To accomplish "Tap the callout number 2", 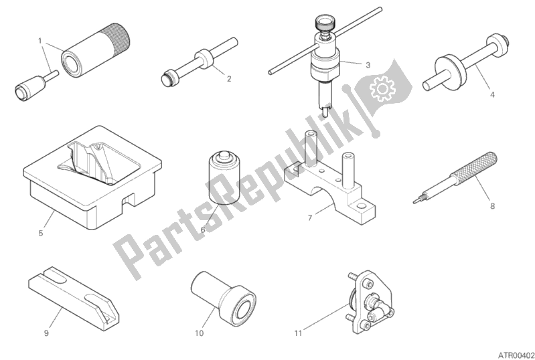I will tap(228, 79).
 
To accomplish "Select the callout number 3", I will tap(367, 65).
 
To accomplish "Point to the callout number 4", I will tap(492, 96).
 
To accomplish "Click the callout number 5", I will tap(41, 233).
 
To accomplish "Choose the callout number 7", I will tap(310, 217).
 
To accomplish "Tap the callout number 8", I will tap(492, 206).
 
